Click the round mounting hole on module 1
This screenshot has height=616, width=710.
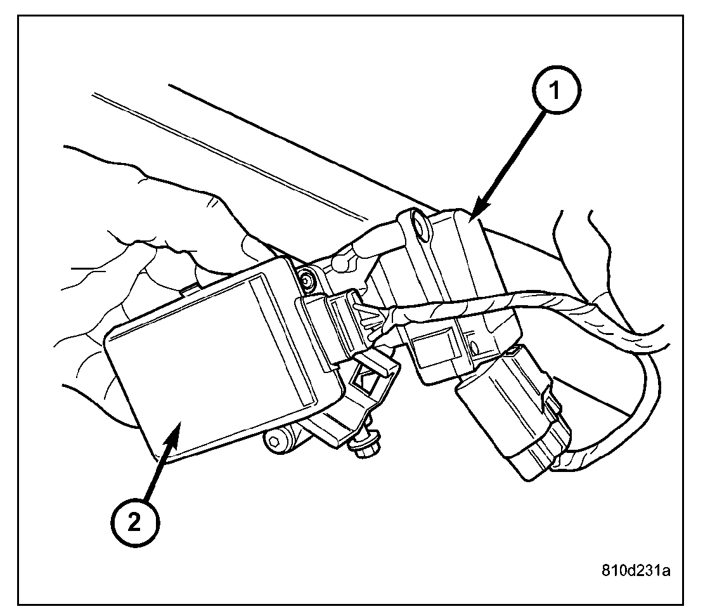(x=418, y=225)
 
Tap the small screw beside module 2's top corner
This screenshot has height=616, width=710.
(x=307, y=277)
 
